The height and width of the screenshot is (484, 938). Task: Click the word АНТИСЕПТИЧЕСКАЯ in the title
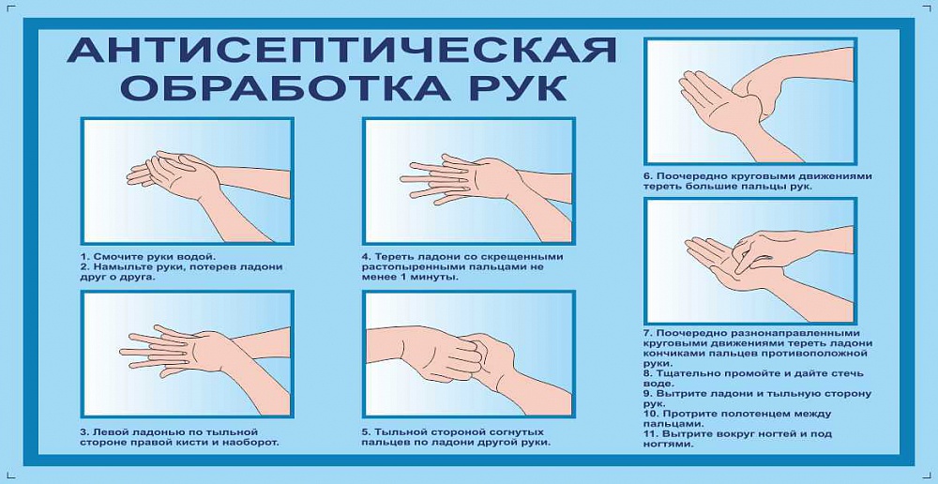point(341,50)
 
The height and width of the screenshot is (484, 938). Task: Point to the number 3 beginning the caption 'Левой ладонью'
point(83,431)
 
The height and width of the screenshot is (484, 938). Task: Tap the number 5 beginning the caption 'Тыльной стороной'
point(364,431)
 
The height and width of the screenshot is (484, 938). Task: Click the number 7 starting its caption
point(647,333)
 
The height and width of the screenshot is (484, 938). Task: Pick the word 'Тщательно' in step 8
point(688,374)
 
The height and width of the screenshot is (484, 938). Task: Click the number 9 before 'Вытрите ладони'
point(647,394)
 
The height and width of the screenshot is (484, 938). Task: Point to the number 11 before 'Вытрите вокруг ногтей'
point(650,434)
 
